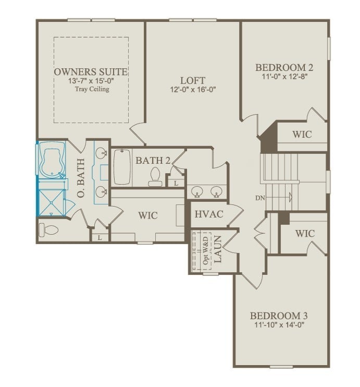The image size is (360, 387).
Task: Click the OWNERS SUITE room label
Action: point(91,71)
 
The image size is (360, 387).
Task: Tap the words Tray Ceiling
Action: point(91,90)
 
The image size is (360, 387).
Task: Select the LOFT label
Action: point(190,80)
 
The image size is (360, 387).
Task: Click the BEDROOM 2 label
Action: point(284,67)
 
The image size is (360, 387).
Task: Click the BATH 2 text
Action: point(153,160)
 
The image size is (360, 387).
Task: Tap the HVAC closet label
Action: point(208,214)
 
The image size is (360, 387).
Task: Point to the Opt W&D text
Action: point(206,251)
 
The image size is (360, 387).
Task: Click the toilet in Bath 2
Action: point(155,177)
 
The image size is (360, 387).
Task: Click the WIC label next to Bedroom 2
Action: point(302,134)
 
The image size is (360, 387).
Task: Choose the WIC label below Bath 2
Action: point(147,215)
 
